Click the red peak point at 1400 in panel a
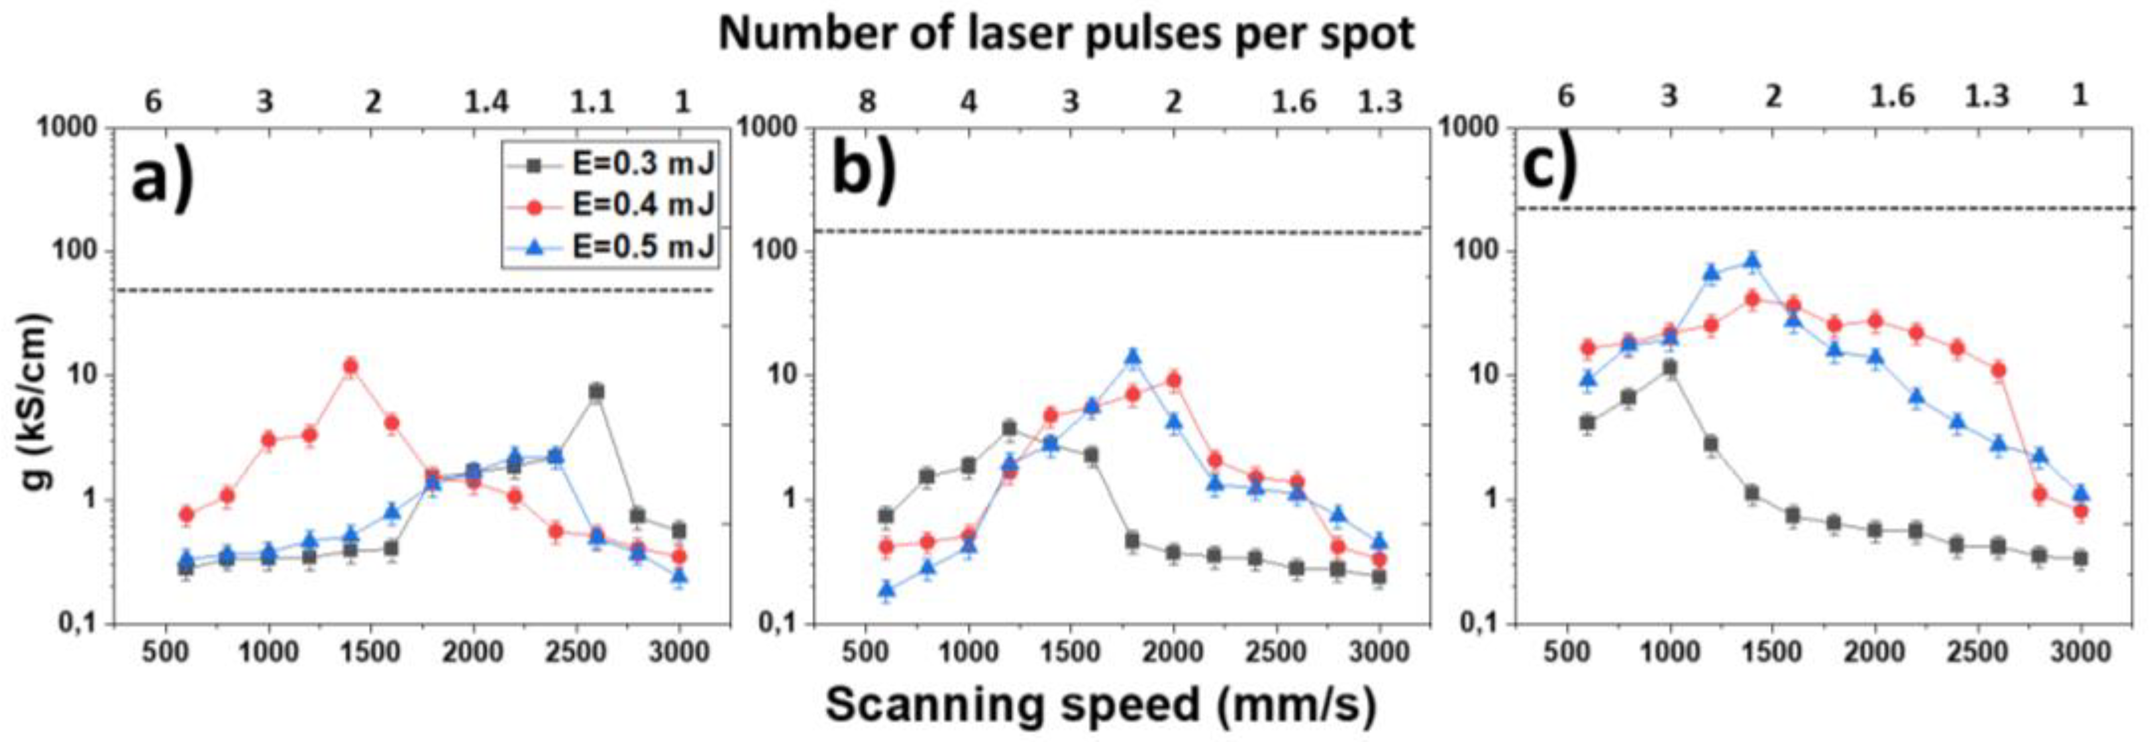click(x=350, y=366)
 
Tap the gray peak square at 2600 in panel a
click(x=596, y=391)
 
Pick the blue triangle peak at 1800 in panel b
click(x=1132, y=357)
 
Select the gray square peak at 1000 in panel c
click(x=1669, y=367)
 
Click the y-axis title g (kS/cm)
click(x=38, y=401)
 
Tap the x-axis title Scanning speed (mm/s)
click(x=1100, y=704)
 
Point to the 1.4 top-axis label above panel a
click(x=486, y=102)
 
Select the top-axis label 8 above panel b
click(x=868, y=102)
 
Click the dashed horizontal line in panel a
click(x=417, y=291)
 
